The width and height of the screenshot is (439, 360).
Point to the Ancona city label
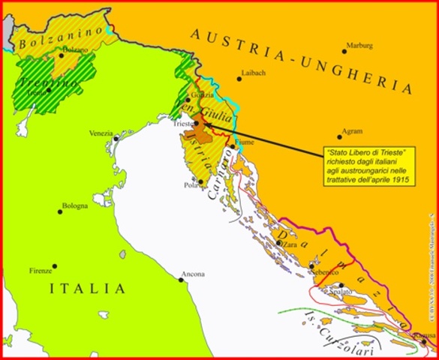(192, 274)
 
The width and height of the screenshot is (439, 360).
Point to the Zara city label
(292, 245)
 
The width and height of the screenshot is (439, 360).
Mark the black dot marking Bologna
(60, 212)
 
